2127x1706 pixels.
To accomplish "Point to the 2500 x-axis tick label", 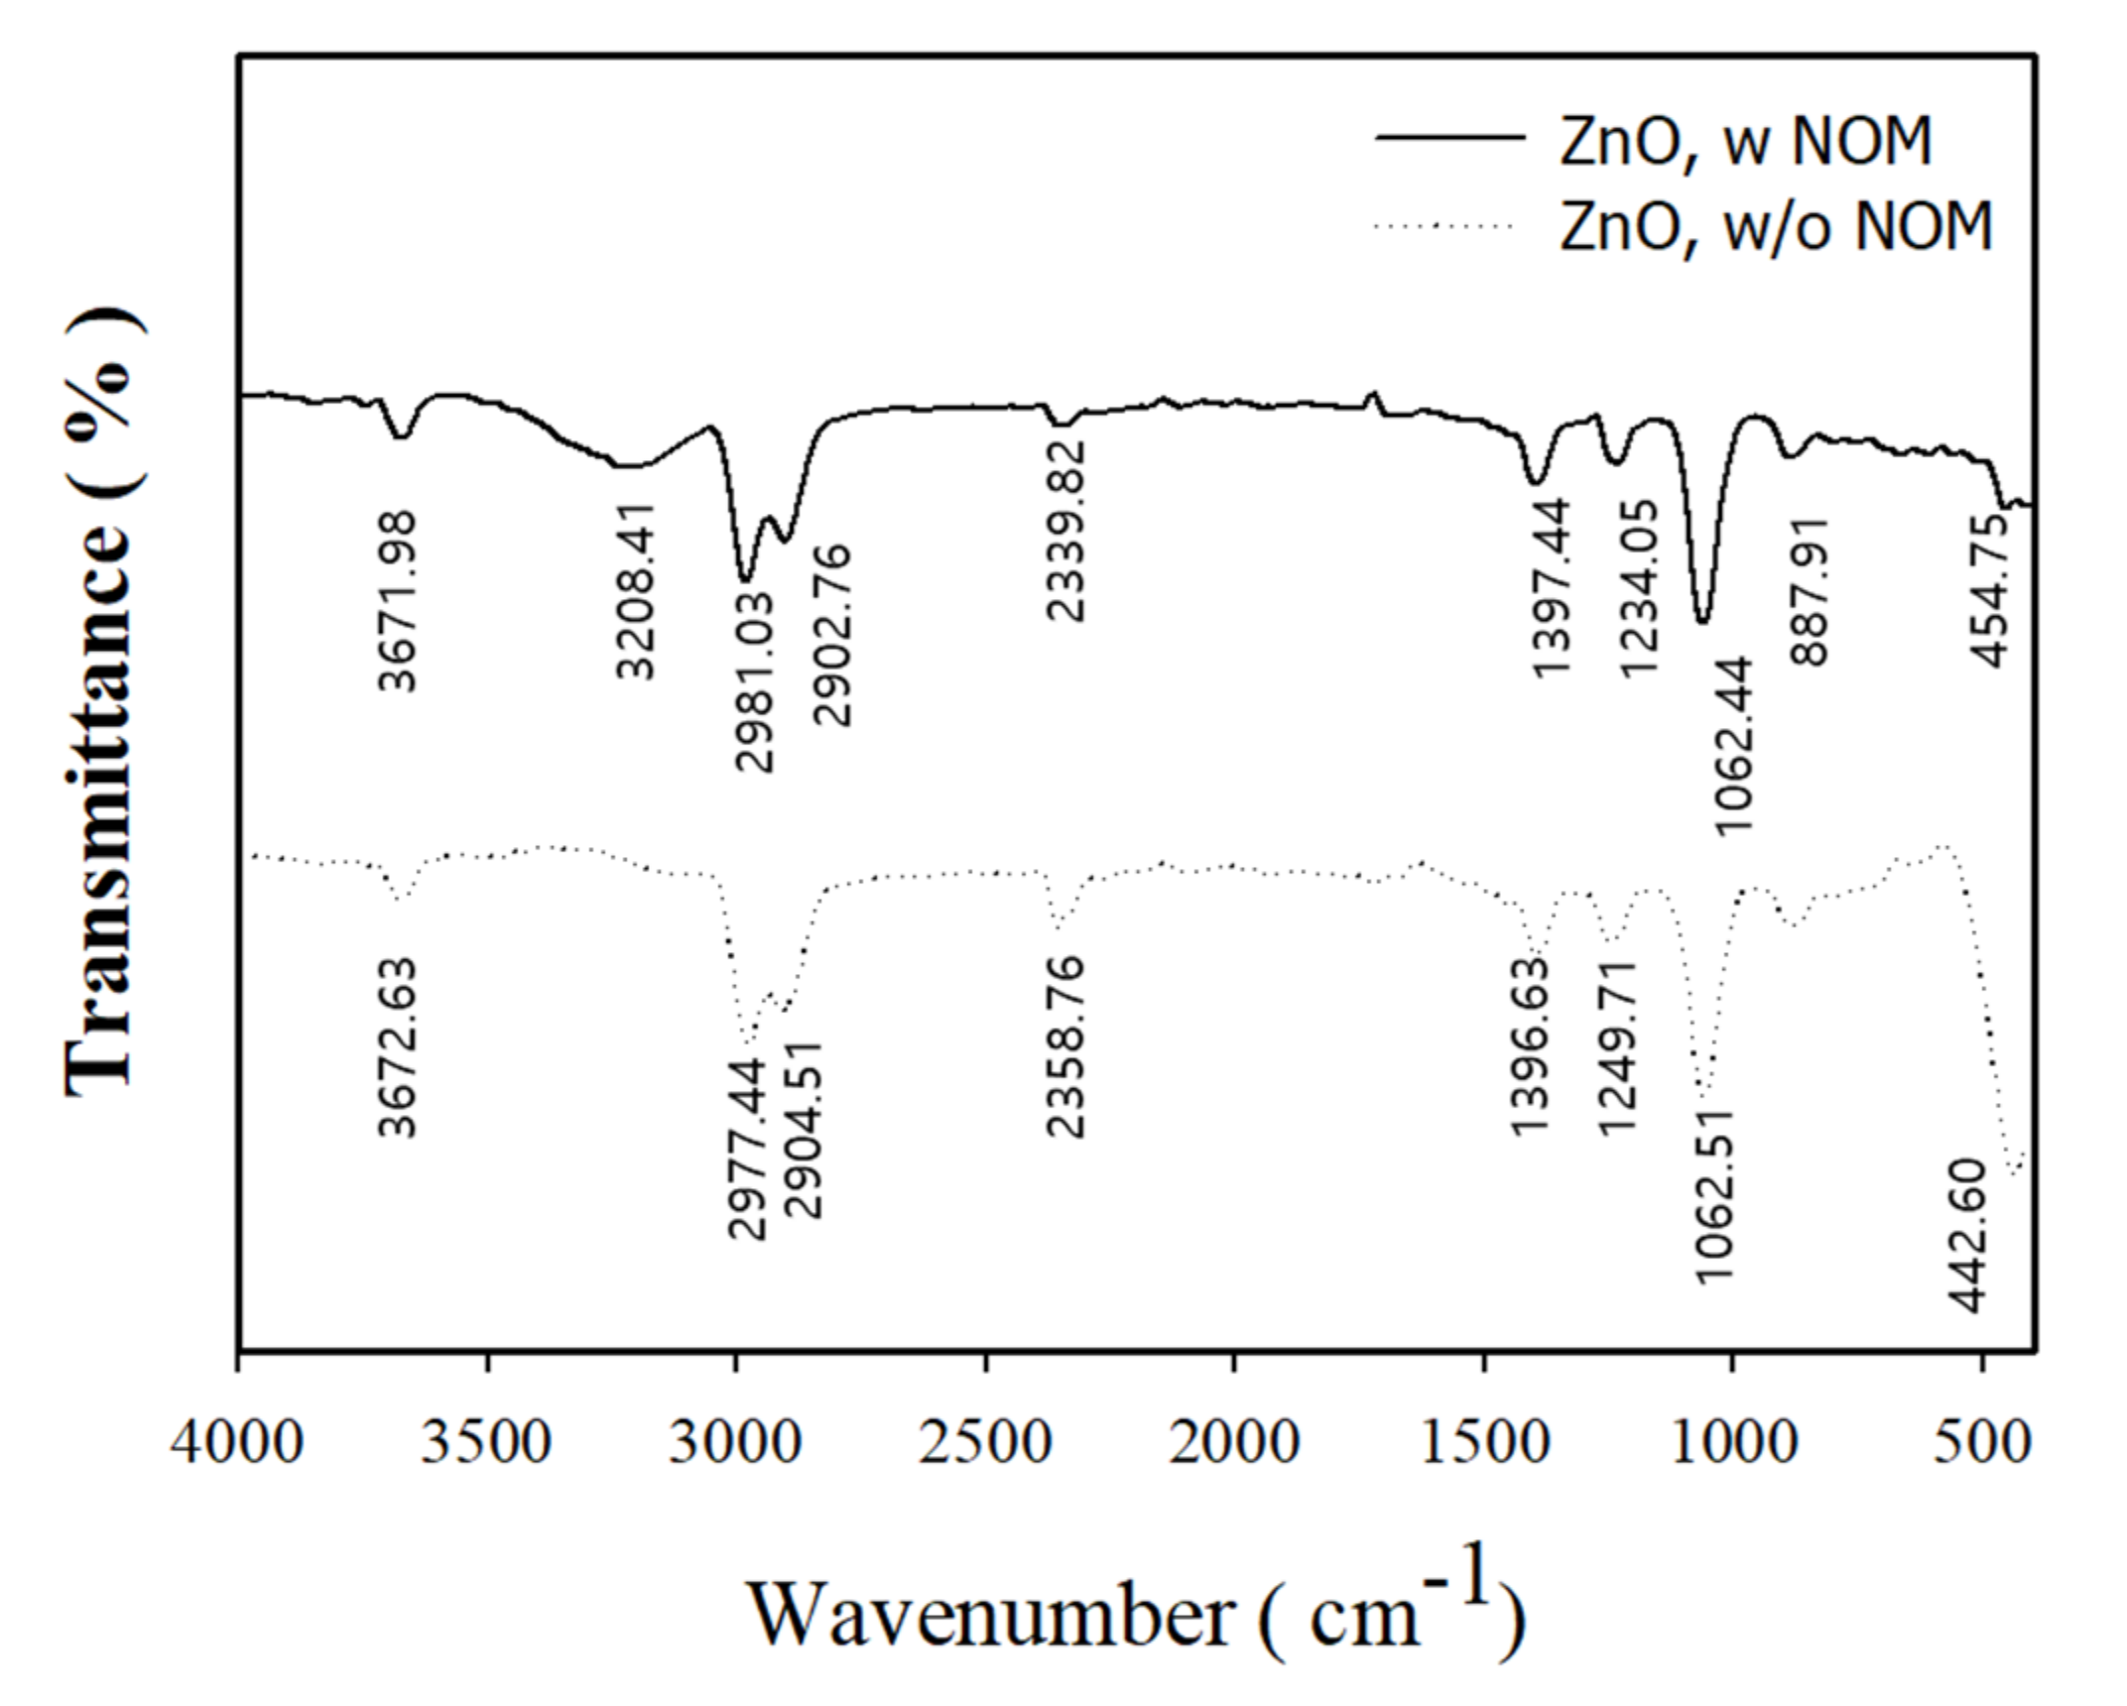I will tap(984, 1441).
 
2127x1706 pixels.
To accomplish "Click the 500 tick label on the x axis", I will tap(1982, 1441).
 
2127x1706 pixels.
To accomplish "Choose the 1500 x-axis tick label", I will tap(1484, 1441).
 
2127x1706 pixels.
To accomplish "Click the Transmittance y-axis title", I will tap(102, 700).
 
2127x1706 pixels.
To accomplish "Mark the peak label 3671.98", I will tap(399, 601).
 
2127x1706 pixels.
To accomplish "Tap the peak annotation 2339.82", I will tap(1067, 532).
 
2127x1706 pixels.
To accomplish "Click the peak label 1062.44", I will tap(1734, 746).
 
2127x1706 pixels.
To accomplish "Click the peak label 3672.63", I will tap(399, 1047).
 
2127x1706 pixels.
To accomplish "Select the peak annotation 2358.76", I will tap(1067, 1045).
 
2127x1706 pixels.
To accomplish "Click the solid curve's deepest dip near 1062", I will tap(1702, 621).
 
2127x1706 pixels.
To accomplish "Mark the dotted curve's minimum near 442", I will tap(2014, 1174).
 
